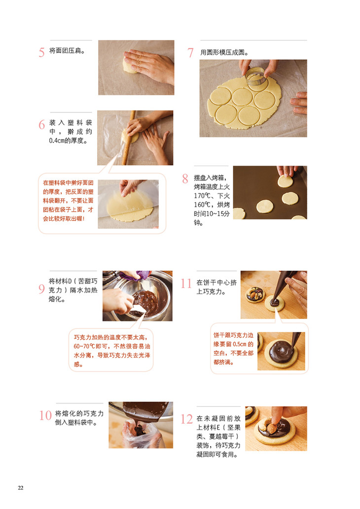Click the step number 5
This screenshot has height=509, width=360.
coord(41,52)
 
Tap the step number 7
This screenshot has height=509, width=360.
coord(190,53)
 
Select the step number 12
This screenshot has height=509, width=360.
coord(186,419)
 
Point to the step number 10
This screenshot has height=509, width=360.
coord(45,415)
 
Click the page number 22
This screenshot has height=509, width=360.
coord(20,488)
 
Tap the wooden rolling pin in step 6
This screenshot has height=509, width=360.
coord(128,138)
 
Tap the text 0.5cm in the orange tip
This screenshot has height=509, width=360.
coord(240,344)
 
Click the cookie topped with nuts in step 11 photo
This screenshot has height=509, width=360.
coord(255,294)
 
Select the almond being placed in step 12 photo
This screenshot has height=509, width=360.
coord(272,428)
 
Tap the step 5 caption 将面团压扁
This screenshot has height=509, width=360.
coord(67,51)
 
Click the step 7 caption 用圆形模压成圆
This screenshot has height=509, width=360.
coord(224,52)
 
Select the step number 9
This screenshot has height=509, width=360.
coord(41,289)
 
